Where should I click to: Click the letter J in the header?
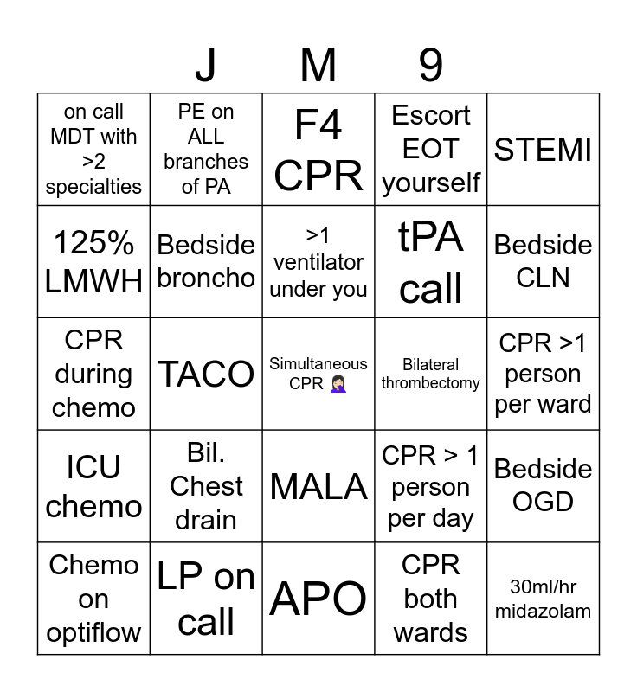tap(206, 65)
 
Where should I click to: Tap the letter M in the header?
tap(318, 65)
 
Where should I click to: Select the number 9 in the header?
tap(430, 65)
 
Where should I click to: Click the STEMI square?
tap(543, 150)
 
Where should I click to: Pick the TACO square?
tap(206, 374)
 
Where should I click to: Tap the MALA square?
tap(318, 486)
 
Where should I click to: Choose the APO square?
tap(318, 599)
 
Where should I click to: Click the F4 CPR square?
tap(318, 150)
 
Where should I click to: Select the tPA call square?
tap(430, 262)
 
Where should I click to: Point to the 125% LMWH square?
tap(93, 262)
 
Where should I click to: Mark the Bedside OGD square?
tap(543, 486)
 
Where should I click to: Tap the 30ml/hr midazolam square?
tap(543, 599)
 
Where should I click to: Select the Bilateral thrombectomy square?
tap(430, 374)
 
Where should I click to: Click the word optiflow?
tap(93, 632)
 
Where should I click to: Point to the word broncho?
tap(206, 279)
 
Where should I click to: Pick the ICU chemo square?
tap(93, 486)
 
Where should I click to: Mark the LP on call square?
tap(206, 599)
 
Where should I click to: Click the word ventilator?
tap(318, 262)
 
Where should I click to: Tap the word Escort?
tap(430, 116)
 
